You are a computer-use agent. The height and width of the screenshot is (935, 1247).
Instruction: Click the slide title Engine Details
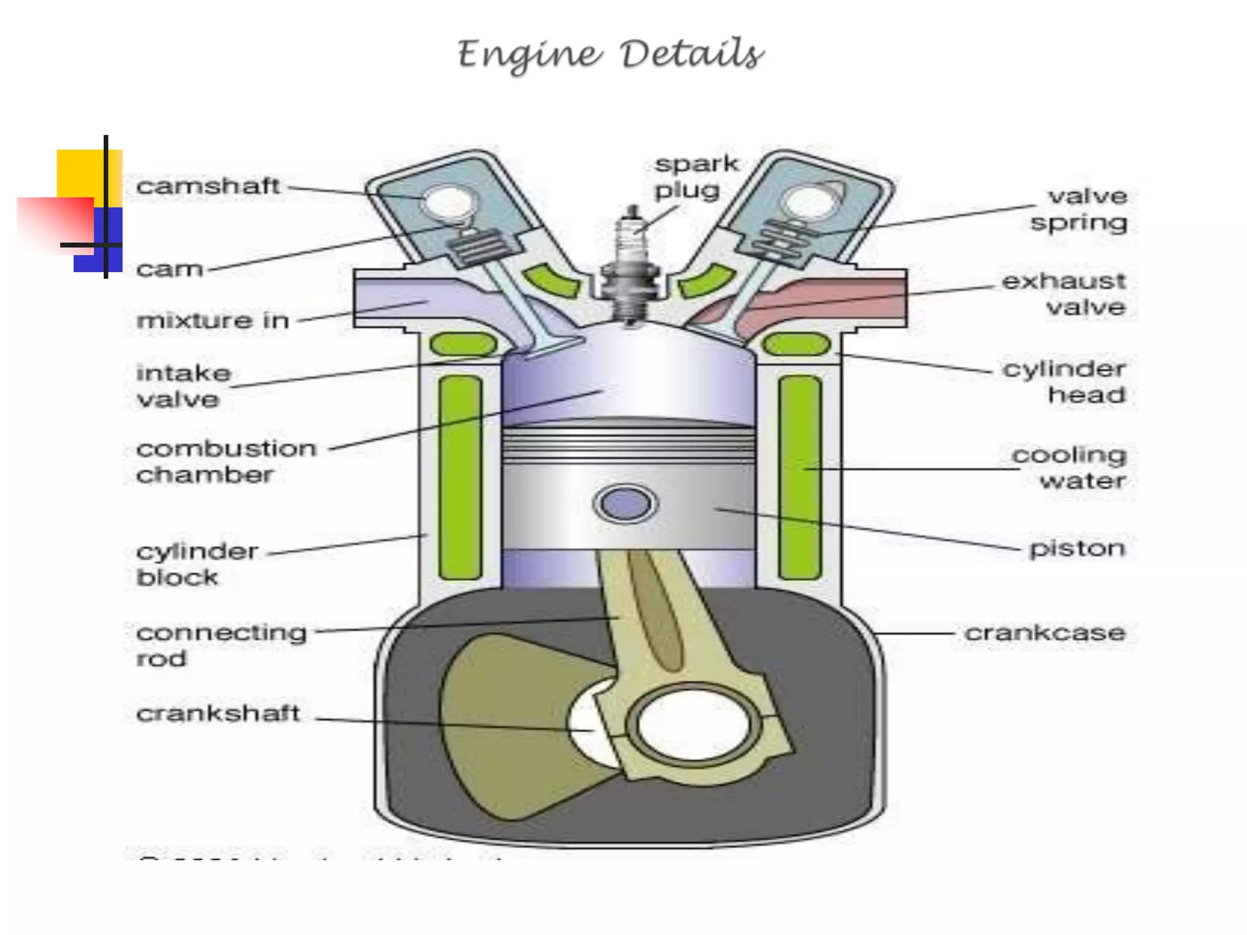tap(610, 55)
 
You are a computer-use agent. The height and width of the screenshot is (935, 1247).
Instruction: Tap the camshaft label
tap(208, 186)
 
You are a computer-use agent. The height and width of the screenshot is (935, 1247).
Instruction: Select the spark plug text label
tap(695, 177)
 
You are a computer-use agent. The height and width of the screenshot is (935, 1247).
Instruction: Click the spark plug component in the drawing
tap(631, 268)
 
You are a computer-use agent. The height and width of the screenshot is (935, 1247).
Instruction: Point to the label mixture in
tap(213, 320)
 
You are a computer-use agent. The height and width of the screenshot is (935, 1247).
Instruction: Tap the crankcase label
tap(1045, 633)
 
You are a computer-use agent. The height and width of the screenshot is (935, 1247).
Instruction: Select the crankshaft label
tap(218, 713)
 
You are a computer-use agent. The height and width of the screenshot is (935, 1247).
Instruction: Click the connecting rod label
tap(220, 645)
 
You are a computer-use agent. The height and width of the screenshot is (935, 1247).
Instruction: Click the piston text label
tap(1077, 548)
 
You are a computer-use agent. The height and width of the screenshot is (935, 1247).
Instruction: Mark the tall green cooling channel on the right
tap(799, 478)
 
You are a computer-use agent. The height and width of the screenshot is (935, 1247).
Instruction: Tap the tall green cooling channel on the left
tap(460, 478)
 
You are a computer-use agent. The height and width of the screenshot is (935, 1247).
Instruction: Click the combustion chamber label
tap(225, 461)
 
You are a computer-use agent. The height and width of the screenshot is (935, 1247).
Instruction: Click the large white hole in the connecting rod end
tap(694, 724)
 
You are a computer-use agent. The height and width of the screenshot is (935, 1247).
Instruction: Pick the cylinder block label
tap(196, 564)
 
